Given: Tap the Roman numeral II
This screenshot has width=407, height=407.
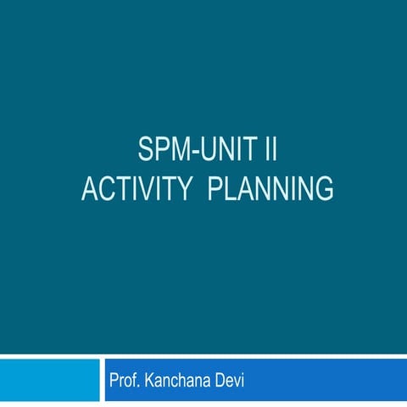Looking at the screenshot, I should point(270,153).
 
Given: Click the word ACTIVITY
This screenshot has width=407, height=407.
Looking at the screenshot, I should point(131,189).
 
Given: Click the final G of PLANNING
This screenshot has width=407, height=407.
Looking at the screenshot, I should point(323,189).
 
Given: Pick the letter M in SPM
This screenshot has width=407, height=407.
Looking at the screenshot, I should point(179,153).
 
